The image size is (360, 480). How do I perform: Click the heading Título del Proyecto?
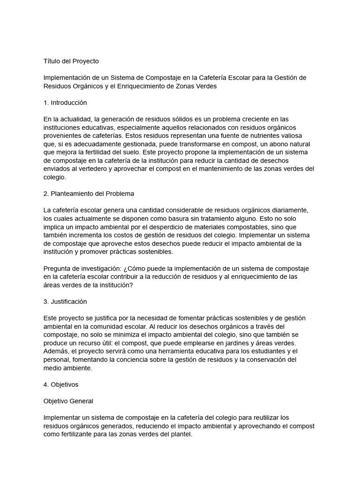click(71, 61)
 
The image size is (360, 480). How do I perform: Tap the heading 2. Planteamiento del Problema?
click(89, 194)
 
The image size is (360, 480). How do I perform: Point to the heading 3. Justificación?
click(65, 301)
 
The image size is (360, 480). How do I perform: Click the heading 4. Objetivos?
click(61, 384)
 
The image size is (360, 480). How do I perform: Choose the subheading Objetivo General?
click(68, 401)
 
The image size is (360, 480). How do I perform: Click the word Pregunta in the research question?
click(57, 268)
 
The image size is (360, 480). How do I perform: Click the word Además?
click(57, 351)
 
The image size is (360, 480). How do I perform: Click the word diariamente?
click(287, 210)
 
